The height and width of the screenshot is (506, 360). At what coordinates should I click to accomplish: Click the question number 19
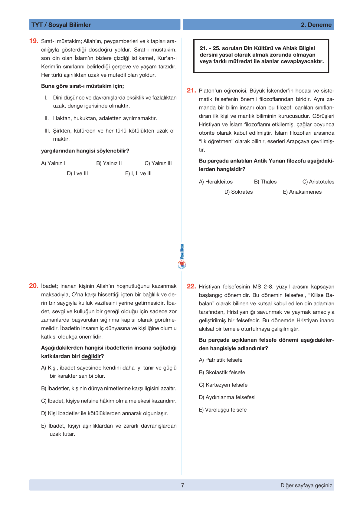coord(34,41)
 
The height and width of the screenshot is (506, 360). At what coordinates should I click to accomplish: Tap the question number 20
coord(34,286)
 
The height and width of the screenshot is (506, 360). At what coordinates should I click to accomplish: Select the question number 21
coord(191,90)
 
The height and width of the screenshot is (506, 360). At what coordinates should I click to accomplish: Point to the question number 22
coord(191,286)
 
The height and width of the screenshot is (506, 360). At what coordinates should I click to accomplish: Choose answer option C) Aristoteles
coord(318,182)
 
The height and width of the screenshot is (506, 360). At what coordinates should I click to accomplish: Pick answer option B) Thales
coord(265,182)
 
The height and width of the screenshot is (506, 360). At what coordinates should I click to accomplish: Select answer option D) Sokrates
coord(238,192)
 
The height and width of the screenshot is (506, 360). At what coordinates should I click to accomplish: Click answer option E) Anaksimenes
coord(302,192)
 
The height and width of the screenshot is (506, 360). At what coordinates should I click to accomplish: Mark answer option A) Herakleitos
coord(216,182)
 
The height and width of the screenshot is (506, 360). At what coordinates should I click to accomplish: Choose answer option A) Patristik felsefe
coord(221,360)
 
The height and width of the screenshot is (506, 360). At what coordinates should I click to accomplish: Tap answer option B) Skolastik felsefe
coord(222,372)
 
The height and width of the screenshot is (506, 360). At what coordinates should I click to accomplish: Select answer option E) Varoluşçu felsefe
coord(223,410)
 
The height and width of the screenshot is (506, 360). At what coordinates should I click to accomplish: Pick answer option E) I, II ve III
coord(138,173)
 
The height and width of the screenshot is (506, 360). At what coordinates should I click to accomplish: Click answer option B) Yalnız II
coord(109,163)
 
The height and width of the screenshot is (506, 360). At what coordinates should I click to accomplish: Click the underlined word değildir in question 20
coord(91,356)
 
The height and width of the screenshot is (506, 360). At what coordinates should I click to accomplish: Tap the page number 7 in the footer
coord(183,485)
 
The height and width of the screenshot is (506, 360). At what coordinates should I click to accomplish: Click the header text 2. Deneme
coord(316,25)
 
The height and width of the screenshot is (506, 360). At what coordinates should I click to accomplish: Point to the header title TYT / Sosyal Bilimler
coord(61,25)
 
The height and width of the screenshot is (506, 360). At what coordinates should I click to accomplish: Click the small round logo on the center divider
coord(182,265)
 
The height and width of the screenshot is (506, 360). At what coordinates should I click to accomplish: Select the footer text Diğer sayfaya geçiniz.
coord(307,485)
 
